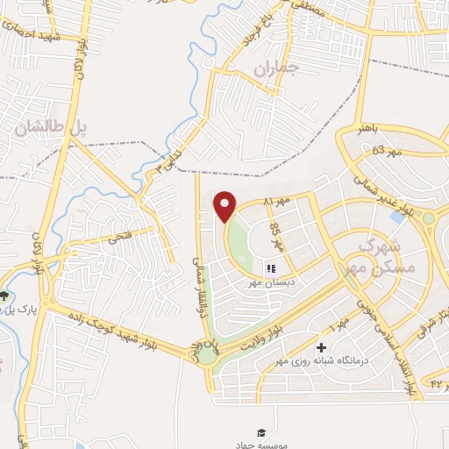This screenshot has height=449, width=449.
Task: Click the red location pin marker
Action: click(x=226, y=206)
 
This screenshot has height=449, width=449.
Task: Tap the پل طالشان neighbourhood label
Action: click(x=52, y=127)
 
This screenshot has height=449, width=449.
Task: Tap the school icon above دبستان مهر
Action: click(x=271, y=268)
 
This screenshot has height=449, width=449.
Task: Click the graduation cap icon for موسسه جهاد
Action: click(x=260, y=432)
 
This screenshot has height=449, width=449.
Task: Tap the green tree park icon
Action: click(x=5, y=296)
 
